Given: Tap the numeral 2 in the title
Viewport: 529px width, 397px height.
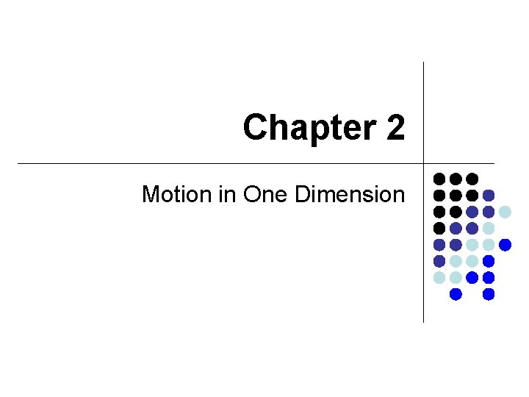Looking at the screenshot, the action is click(x=394, y=128).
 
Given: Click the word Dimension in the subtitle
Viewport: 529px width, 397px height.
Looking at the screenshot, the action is click(x=350, y=195).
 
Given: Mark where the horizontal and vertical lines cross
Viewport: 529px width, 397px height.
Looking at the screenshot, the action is click(x=424, y=162).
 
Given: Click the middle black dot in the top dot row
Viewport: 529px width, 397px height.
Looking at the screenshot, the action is click(x=456, y=179).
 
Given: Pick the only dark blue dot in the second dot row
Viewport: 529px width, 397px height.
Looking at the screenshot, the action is click(x=489, y=196).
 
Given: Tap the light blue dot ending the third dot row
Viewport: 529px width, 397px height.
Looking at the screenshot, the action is click(x=505, y=212).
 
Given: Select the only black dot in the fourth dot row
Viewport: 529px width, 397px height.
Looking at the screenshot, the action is click(x=439, y=229).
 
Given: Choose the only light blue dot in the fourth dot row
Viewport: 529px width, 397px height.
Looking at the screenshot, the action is click(x=489, y=229).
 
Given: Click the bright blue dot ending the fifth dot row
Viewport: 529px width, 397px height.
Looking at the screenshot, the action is click(x=505, y=245).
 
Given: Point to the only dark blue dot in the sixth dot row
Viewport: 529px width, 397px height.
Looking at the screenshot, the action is click(x=439, y=261).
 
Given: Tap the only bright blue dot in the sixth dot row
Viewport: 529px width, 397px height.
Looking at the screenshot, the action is click(x=489, y=261).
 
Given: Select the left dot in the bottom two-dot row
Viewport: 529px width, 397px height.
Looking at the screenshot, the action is click(x=456, y=294).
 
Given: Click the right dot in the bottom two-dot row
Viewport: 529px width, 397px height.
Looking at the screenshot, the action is click(x=489, y=294).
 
